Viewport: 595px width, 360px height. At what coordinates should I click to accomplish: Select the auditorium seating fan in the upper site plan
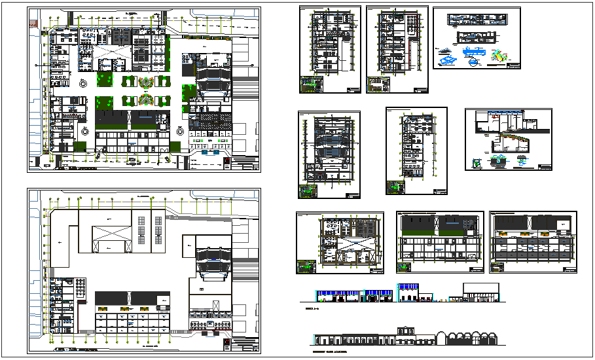coord(213,79)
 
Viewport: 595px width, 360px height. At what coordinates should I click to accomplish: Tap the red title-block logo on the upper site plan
coord(227,162)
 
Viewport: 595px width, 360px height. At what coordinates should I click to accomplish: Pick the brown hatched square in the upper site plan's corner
coord(33,20)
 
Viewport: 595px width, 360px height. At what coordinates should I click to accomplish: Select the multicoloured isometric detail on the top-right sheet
coord(499,56)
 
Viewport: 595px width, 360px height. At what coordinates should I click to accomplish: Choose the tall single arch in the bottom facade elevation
coord(451,337)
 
